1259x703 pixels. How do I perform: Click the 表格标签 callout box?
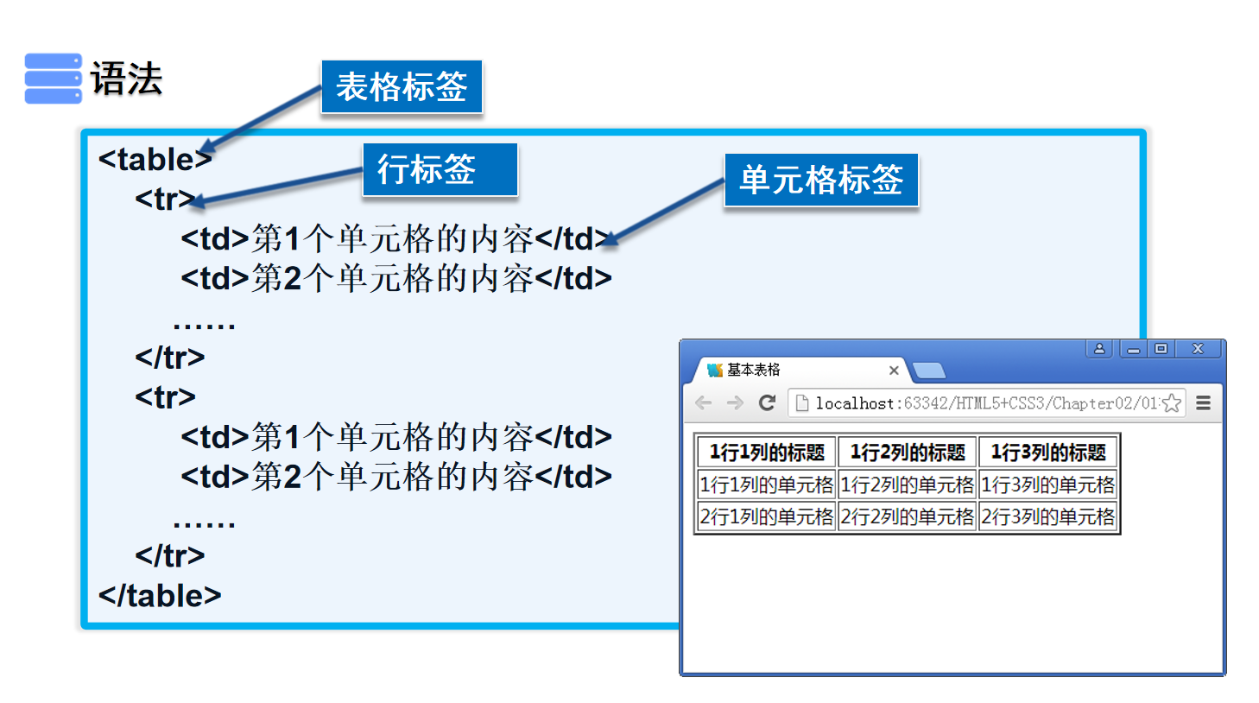click(x=401, y=86)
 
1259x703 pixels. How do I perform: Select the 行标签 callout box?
click(x=439, y=169)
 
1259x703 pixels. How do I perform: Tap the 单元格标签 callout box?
click(x=820, y=180)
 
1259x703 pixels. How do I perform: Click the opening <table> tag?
click(x=155, y=160)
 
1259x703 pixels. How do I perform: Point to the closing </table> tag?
click(x=160, y=596)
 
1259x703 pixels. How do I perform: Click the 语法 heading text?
click(x=126, y=79)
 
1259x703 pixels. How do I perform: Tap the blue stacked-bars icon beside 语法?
click(x=53, y=79)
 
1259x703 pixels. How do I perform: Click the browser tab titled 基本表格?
click(x=777, y=370)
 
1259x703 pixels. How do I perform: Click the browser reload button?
click(x=767, y=402)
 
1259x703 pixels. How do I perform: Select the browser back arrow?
click(x=704, y=402)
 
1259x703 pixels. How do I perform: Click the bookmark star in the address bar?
click(x=1171, y=403)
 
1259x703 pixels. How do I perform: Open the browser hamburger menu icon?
click(x=1203, y=402)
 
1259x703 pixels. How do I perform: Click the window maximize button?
click(x=1161, y=349)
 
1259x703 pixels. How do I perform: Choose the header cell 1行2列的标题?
click(x=908, y=453)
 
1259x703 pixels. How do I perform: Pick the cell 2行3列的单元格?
click(x=1047, y=516)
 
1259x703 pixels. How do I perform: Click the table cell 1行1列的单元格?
click(x=766, y=484)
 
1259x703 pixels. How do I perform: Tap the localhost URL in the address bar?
click(x=984, y=403)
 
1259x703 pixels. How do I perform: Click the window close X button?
click(x=1198, y=349)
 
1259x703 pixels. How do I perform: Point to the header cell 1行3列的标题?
click(x=1047, y=453)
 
